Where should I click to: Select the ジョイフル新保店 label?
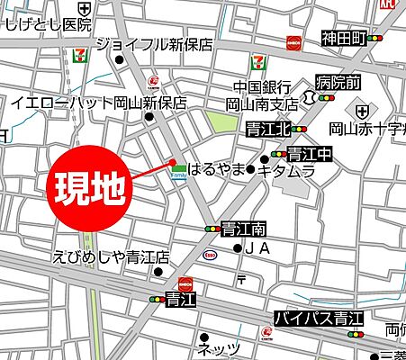154,43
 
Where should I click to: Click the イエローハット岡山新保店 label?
99,103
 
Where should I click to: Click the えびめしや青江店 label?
112,257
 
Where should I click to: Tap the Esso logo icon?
210,255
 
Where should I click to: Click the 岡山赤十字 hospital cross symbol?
361,110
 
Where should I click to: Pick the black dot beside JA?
237,247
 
